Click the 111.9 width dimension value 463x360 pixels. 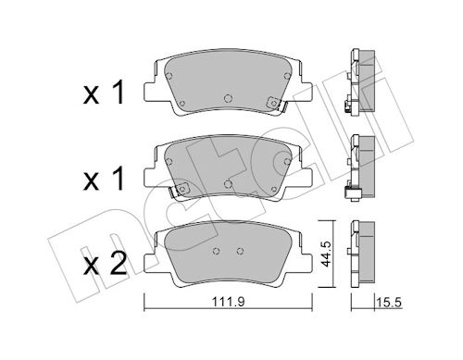pyautogui.click(x=228, y=302)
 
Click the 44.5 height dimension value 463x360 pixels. pyautogui.click(x=326, y=254)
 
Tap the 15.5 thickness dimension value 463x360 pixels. pyautogui.click(x=389, y=303)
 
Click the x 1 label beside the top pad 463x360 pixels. pyautogui.click(x=104, y=92)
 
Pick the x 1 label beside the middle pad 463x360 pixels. pyautogui.click(x=104, y=179)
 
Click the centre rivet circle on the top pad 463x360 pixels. pyautogui.click(x=228, y=98)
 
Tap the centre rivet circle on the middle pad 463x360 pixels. pyautogui.click(x=228, y=184)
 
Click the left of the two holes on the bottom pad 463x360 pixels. pyautogui.click(x=217, y=251)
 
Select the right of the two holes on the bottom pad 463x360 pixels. pyautogui.click(x=240, y=251)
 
